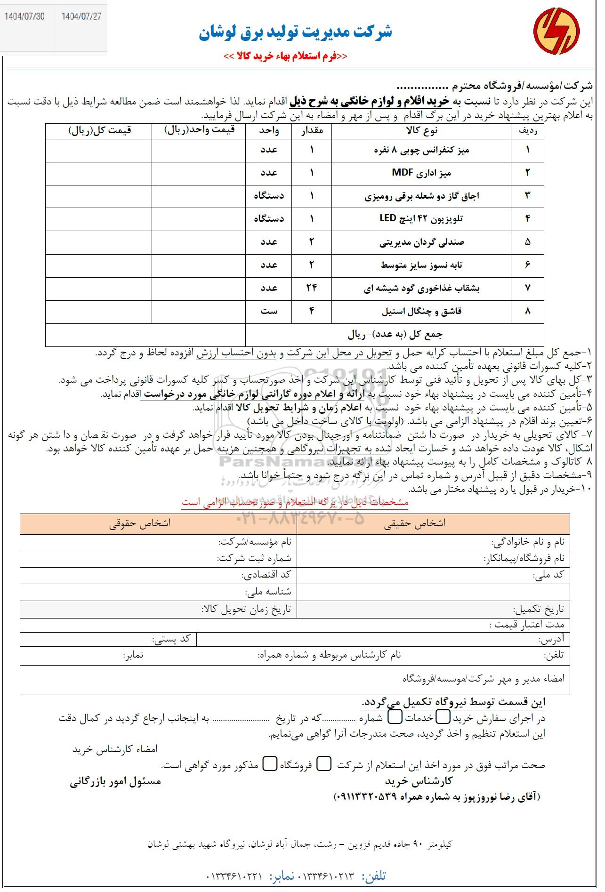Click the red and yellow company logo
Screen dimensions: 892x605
pyautogui.click(x=556, y=31)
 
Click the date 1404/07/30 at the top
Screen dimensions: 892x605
pyautogui.click(x=24, y=16)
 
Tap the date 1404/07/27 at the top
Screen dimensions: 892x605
pyautogui.click(x=81, y=16)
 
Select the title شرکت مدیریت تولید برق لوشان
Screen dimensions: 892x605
pyautogui.click(x=295, y=32)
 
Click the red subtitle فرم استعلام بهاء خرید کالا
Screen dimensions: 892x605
pyautogui.click(x=285, y=56)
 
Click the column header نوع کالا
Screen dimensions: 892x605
pyautogui.click(x=421, y=131)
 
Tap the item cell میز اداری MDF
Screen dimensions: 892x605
pyautogui.click(x=421, y=173)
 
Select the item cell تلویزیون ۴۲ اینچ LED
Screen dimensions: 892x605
pyautogui.click(x=421, y=219)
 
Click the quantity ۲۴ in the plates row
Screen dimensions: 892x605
pyautogui.click(x=311, y=288)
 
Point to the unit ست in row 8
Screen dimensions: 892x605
pyautogui.click(x=269, y=311)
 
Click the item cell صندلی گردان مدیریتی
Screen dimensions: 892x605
pyautogui.click(x=421, y=242)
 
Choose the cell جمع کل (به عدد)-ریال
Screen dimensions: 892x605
pyautogui.click(x=395, y=335)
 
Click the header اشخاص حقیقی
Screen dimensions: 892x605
pyautogui.click(x=414, y=523)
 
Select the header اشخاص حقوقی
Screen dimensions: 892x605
pyautogui.click(x=140, y=523)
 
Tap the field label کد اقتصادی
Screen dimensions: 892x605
pyautogui.click(x=266, y=575)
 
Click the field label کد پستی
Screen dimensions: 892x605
pyautogui.click(x=171, y=639)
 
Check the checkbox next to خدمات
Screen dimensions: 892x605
pyautogui.click(x=395, y=717)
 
